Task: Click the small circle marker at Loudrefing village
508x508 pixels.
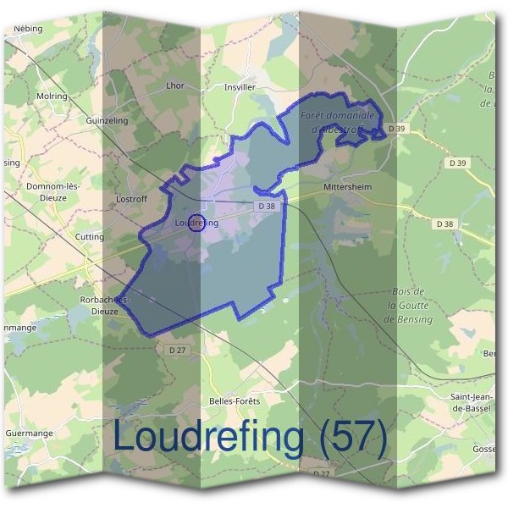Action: [x=196, y=223]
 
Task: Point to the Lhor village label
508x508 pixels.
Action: [x=175, y=86]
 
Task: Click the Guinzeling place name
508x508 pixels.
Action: [x=107, y=121]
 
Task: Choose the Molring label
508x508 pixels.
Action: [x=52, y=97]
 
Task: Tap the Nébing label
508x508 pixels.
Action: [x=28, y=28]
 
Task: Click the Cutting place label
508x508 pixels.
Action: [x=90, y=237]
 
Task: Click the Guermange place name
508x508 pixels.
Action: [x=30, y=433]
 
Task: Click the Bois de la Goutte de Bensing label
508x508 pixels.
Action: [x=408, y=306]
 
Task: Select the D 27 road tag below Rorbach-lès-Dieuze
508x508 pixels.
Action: [x=177, y=350]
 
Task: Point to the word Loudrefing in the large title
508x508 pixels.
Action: [x=208, y=437]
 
